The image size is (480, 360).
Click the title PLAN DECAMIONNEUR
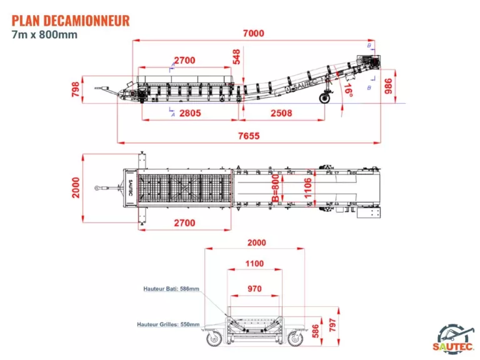pos(70,20)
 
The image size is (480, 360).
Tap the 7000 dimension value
pos(254,33)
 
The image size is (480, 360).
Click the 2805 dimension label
pos(189,113)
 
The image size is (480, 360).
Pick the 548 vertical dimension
pos(236,57)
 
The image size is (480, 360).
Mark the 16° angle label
pos(348,92)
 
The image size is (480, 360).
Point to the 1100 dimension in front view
pos(254,264)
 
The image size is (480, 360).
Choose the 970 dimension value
pos(254,289)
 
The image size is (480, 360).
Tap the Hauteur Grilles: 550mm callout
pos(168,324)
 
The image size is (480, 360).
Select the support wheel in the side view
pos(325,98)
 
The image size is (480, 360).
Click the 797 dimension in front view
pos(332,326)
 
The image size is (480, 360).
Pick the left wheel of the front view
pos(214,338)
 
